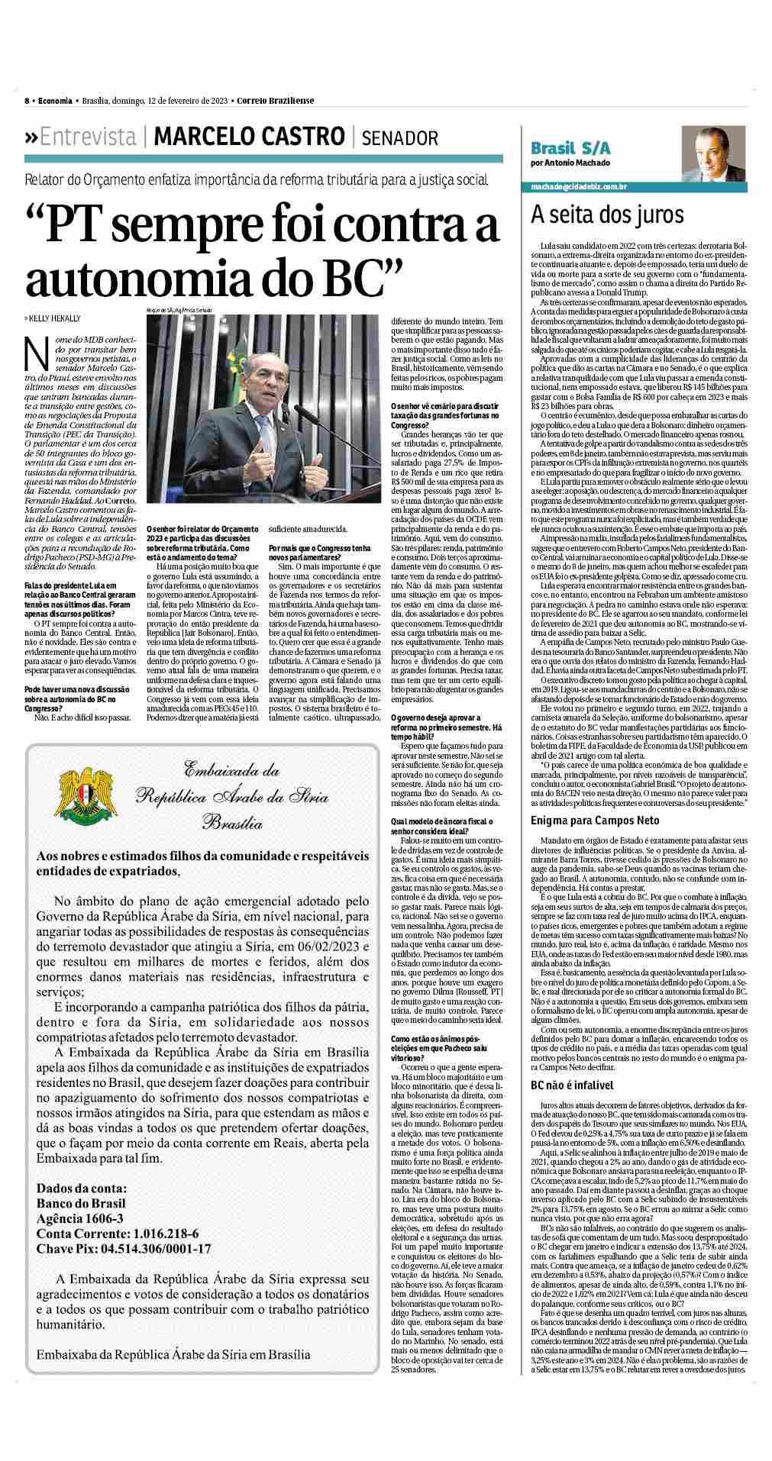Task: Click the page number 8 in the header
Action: [27, 100]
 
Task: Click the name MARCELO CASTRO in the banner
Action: [249, 137]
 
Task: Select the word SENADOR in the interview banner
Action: [400, 138]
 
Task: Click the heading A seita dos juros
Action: [596, 214]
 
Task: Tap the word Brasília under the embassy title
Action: [233, 823]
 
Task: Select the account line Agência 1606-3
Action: [80, 1219]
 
